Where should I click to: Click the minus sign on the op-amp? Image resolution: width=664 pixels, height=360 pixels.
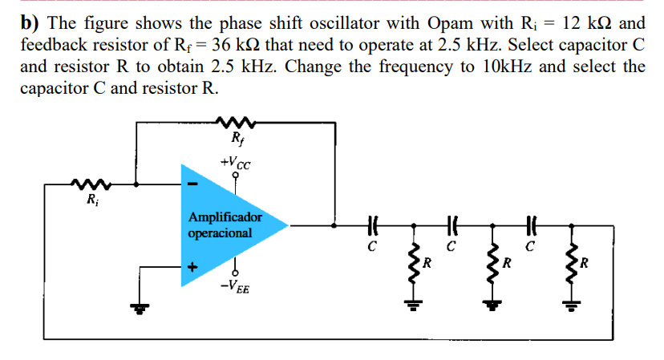(192, 184)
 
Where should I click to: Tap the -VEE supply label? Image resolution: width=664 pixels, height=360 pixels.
(235, 286)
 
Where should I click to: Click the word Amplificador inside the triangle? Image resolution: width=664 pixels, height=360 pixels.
(225, 217)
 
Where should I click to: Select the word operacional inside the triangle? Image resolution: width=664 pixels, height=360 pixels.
(220, 233)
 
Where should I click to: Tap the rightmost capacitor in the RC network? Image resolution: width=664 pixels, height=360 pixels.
(530, 227)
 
